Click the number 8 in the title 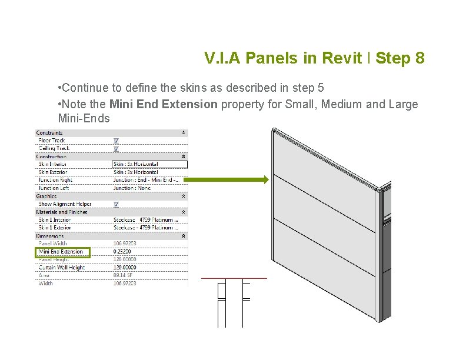pyautogui.click(x=418, y=58)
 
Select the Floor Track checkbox pyautogui.click(x=116, y=141)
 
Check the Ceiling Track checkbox pyautogui.click(x=116, y=148)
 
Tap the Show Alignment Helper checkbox pyautogui.click(x=116, y=204)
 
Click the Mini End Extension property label pyautogui.click(x=61, y=252)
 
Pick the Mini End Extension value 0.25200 pyautogui.click(x=123, y=252)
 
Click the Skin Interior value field pyautogui.click(x=149, y=164)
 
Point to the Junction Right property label pyautogui.click(x=55, y=180)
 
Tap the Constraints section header pyautogui.click(x=49, y=133)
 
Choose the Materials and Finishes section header pyautogui.click(x=62, y=212)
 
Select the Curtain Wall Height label pyautogui.click(x=62, y=268)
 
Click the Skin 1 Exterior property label pyautogui.click(x=55, y=228)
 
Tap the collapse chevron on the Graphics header pyautogui.click(x=184, y=196)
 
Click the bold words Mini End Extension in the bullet pyautogui.click(x=164, y=105)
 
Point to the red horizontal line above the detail pyautogui.click(x=234, y=278)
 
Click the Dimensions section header pyautogui.click(x=50, y=236)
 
